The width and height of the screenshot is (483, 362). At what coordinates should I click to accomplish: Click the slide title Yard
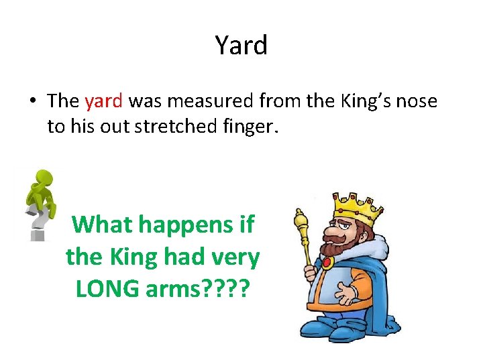241,46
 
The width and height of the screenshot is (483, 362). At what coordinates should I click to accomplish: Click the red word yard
104,101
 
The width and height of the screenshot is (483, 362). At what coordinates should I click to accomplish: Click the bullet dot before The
32,102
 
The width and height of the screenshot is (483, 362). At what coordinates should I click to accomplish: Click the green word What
101,224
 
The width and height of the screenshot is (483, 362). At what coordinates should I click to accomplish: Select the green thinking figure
40,191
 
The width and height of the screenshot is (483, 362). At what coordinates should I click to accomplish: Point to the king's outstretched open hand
349,293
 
